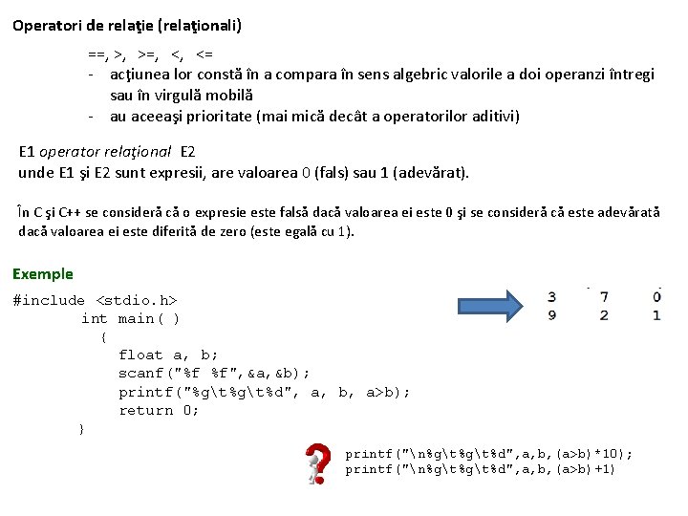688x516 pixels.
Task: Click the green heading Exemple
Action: (42, 274)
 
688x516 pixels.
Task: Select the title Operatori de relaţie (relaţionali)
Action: (127, 26)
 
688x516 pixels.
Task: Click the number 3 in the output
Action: (551, 297)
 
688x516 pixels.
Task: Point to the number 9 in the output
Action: (551, 315)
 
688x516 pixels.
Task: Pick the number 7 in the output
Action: (604, 297)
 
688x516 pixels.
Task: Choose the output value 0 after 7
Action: (656, 297)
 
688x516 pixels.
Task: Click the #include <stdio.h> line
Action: (95, 300)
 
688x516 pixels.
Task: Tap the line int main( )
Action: (130, 318)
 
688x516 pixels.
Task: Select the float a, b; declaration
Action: (168, 355)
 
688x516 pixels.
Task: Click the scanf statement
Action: (214, 373)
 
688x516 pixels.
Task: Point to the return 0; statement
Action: (159, 410)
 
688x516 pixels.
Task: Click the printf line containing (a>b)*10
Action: (488, 454)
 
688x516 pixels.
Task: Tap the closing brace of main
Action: (81, 429)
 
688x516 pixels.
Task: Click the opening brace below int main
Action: (103, 336)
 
